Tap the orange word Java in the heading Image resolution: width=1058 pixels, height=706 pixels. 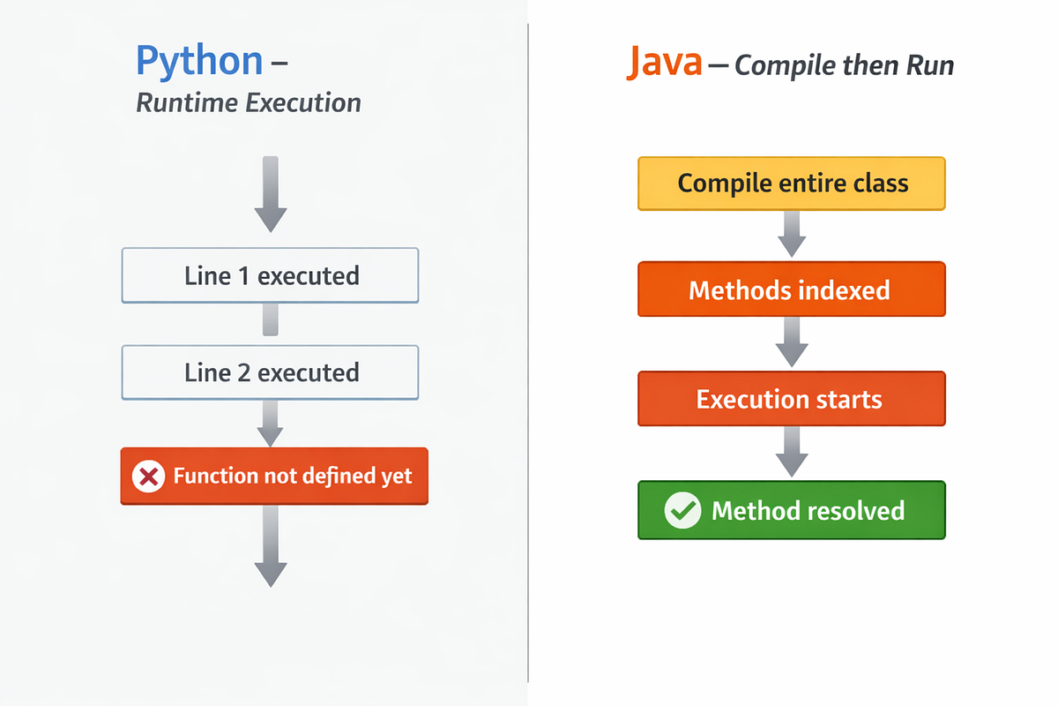pos(664,64)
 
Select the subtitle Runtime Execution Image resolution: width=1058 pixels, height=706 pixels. pos(249,103)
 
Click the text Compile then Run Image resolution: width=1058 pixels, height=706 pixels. pos(844,65)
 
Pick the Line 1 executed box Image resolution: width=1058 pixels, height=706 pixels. pos(270,275)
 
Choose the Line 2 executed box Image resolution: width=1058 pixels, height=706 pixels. pos(270,372)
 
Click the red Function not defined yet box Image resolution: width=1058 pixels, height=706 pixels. pos(274,477)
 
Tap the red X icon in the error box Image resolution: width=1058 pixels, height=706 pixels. pos(148,477)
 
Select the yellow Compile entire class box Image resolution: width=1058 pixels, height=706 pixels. pos(791,184)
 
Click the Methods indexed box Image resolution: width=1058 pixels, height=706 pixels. pos(791,289)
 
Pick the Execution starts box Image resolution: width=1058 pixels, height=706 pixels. pos(791,399)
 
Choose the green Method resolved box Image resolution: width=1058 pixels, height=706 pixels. pos(791,510)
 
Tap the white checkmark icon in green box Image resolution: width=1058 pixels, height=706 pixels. pos(682,511)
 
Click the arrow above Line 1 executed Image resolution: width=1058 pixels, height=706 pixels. pos(271,194)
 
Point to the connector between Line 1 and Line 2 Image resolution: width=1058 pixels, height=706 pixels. pos(271,319)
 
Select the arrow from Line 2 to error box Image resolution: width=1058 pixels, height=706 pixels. pos(271,423)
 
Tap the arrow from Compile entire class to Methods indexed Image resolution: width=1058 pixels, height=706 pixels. pos(791,235)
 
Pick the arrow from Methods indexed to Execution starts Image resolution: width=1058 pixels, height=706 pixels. pos(791,342)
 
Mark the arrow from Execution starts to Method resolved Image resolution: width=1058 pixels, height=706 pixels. pos(791,453)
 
